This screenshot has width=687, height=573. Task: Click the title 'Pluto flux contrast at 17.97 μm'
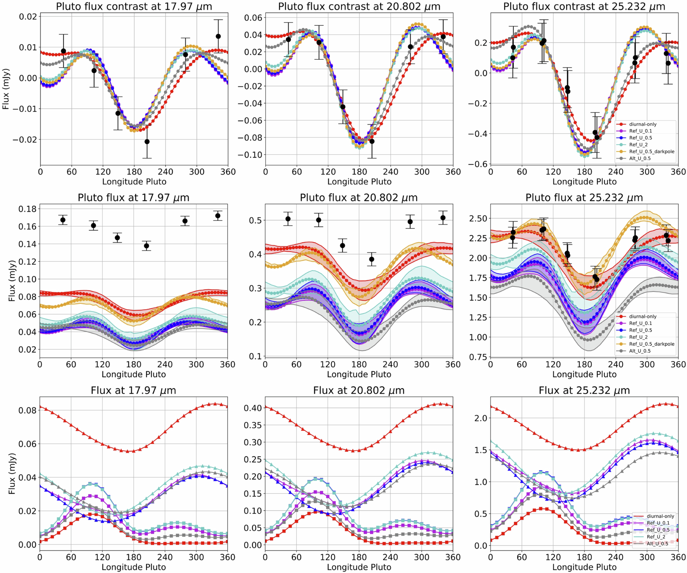coord(134,6)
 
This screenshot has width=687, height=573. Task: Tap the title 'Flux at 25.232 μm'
coord(584,390)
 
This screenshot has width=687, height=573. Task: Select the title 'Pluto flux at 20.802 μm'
coord(359,198)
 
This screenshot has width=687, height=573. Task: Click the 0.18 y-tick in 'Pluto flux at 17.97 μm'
coord(27,209)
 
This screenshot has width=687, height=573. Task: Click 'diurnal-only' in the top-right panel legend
coord(643,124)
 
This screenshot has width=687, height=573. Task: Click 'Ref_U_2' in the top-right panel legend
coord(638,145)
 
